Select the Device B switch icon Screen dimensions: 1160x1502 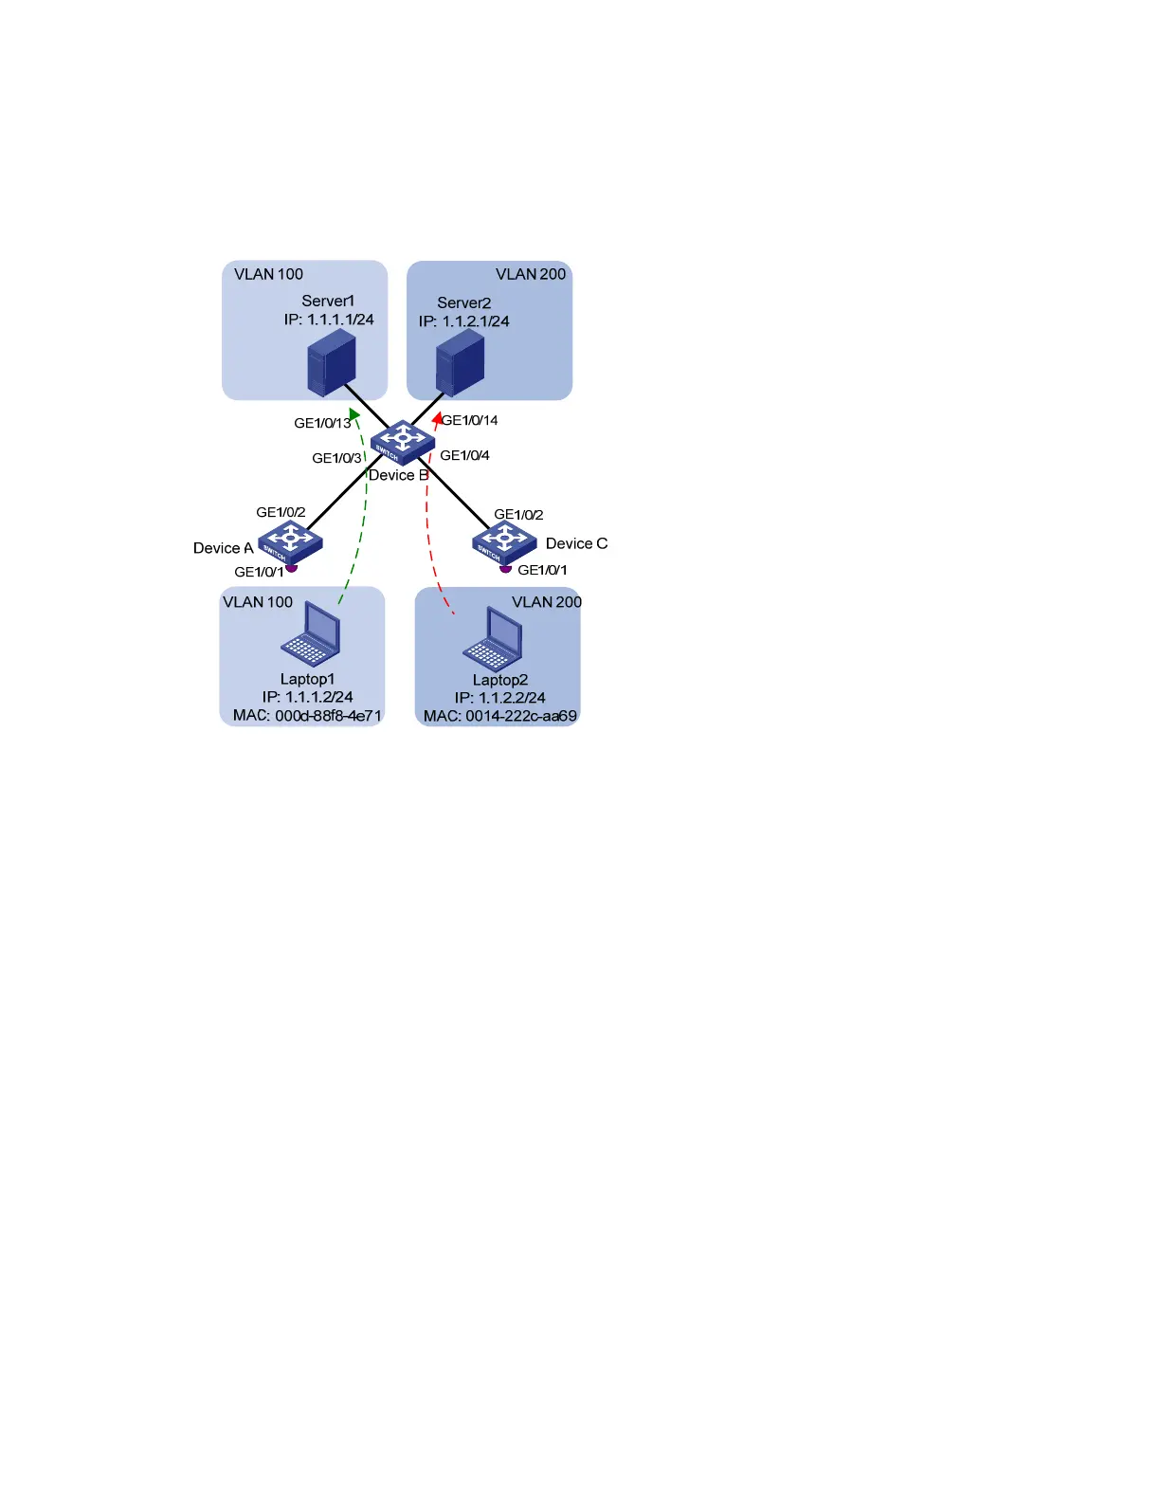(402, 442)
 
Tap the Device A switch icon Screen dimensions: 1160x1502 (290, 541)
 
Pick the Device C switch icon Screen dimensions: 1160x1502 (504, 541)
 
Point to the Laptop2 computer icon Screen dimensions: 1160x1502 (494, 638)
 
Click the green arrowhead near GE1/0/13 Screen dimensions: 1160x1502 (354, 414)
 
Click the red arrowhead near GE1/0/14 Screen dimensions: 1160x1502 (437, 418)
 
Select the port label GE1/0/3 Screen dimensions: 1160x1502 (336, 458)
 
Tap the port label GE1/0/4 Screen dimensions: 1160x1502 (464, 455)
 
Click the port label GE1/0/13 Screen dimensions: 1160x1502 (322, 423)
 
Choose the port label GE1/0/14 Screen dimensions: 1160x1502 (470, 420)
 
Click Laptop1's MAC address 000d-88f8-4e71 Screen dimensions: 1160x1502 (328, 716)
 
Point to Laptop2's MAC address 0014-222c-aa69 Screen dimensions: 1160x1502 (520, 716)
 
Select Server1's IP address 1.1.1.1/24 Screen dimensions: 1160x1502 (339, 320)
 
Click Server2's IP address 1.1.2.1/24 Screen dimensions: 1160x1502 (475, 321)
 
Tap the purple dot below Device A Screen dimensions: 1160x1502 (292, 567)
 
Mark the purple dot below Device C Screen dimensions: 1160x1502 (505, 568)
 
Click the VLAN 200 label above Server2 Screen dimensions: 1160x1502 (531, 274)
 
